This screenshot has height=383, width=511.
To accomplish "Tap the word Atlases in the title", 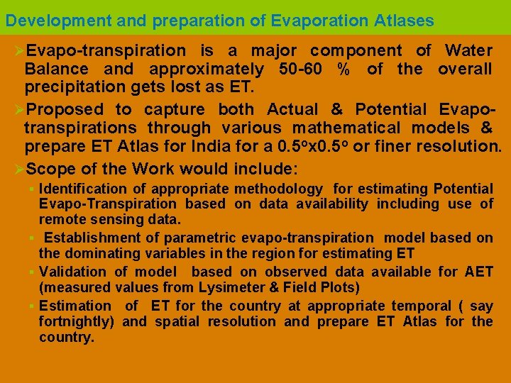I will (x=403, y=21).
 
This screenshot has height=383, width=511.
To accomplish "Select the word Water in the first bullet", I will (x=469, y=51).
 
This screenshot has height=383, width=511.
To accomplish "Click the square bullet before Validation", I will (x=33, y=272).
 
